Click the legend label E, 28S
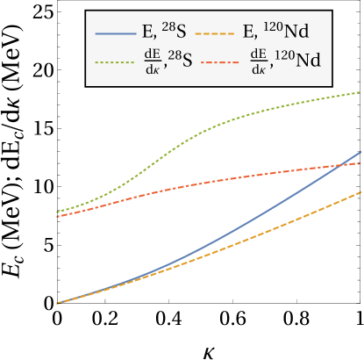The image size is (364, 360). pos(163,32)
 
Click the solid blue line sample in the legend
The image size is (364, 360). pos(114,33)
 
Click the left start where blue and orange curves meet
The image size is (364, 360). pos(57,303)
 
